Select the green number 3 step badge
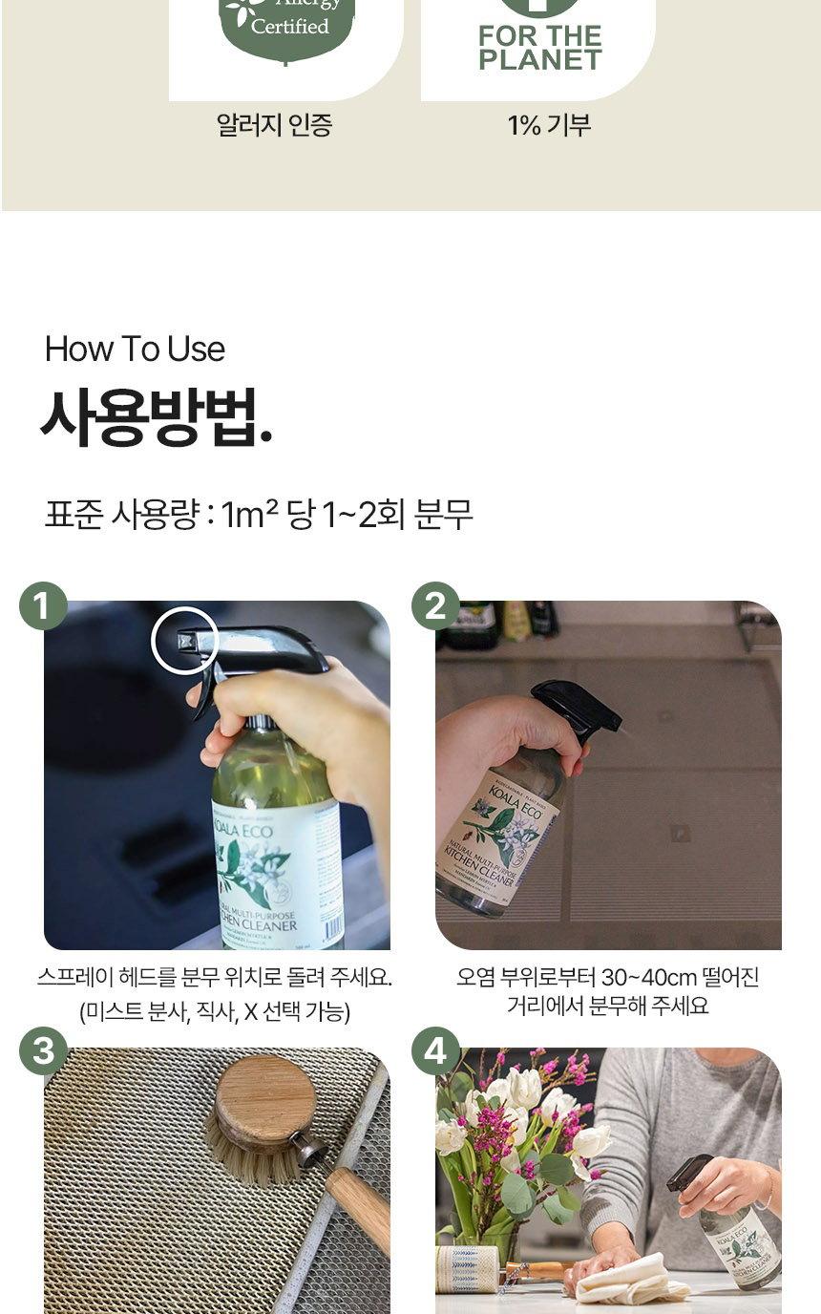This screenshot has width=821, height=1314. (43, 1051)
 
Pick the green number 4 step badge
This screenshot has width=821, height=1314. (435, 1051)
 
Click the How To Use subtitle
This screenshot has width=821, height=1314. (135, 350)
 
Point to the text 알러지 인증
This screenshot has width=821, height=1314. (274, 125)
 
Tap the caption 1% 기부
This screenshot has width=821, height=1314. (549, 125)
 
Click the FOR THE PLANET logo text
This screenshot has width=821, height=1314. (539, 48)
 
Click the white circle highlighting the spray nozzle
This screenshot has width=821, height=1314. (184, 641)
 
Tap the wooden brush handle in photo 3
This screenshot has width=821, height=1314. (357, 1208)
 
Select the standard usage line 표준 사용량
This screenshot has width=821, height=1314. (259, 516)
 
